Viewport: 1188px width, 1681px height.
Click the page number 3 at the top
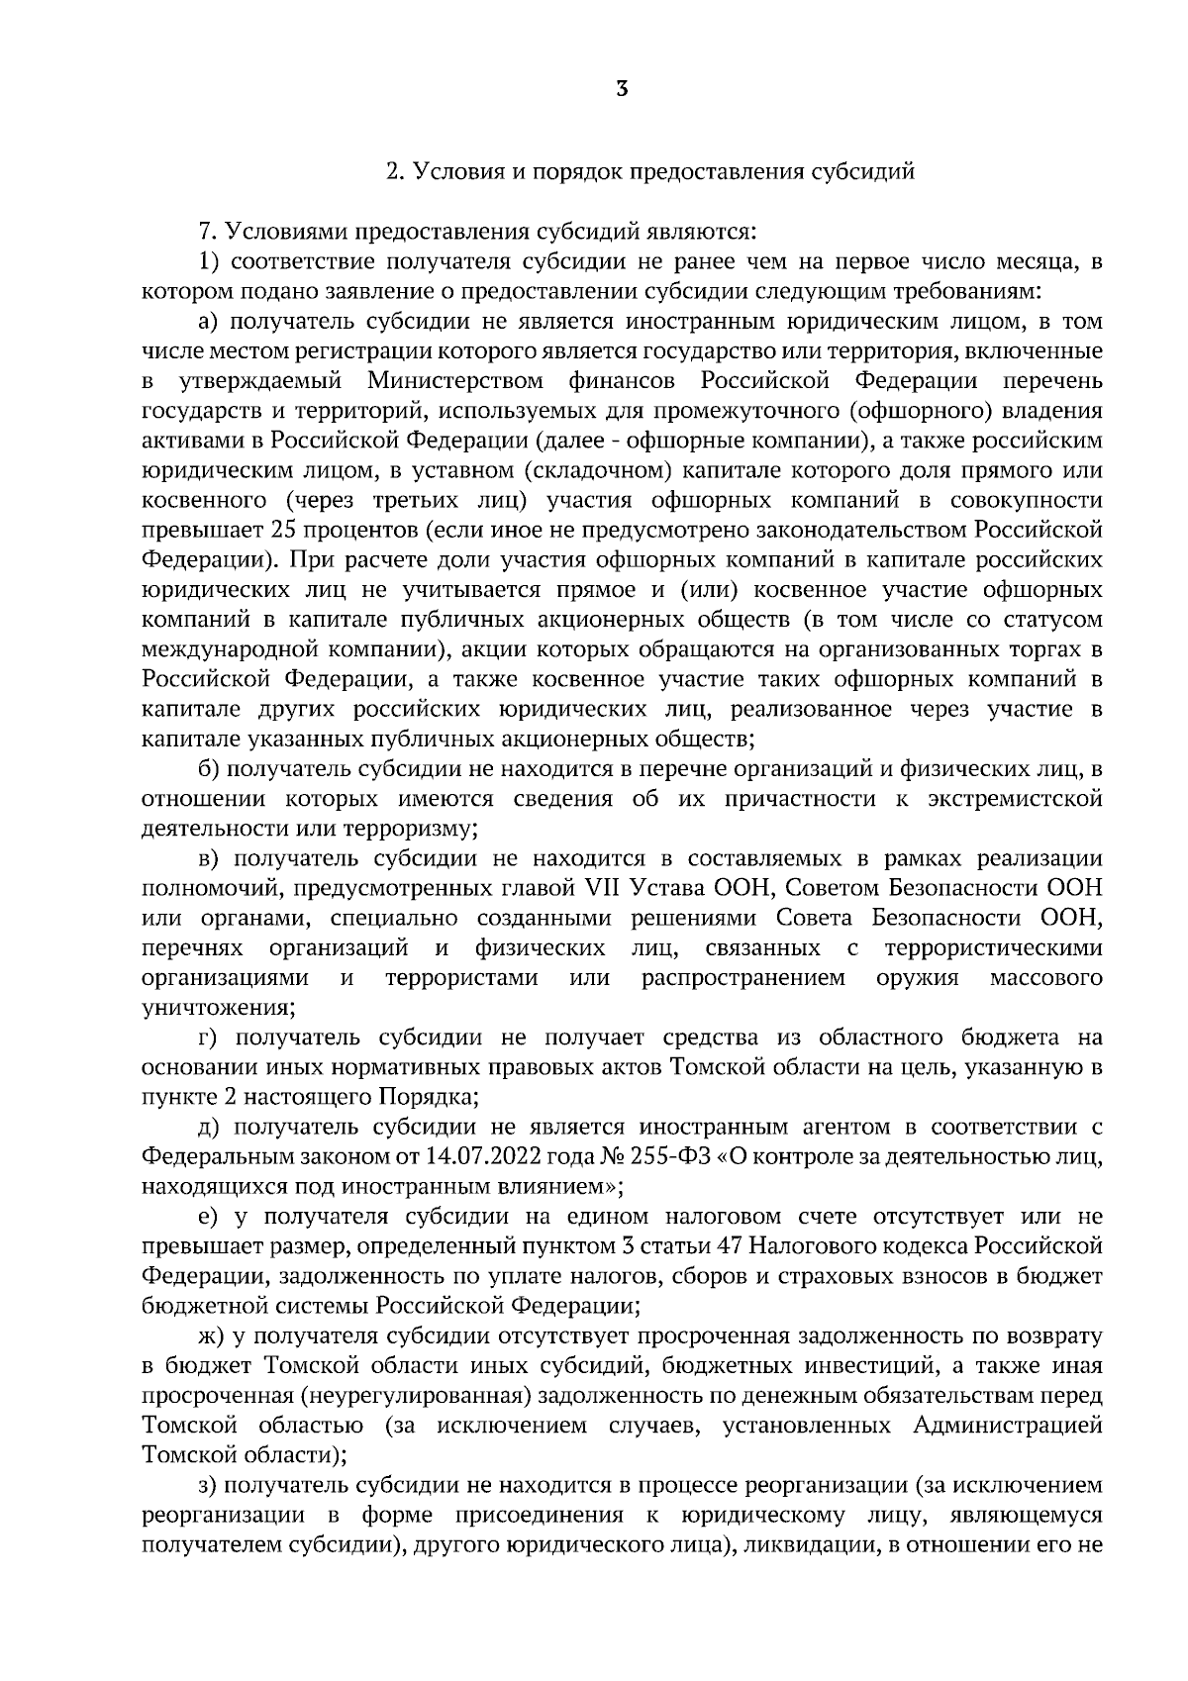click(x=621, y=89)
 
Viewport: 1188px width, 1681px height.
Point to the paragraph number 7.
click(x=207, y=233)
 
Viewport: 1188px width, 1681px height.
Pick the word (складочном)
click(x=596, y=470)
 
